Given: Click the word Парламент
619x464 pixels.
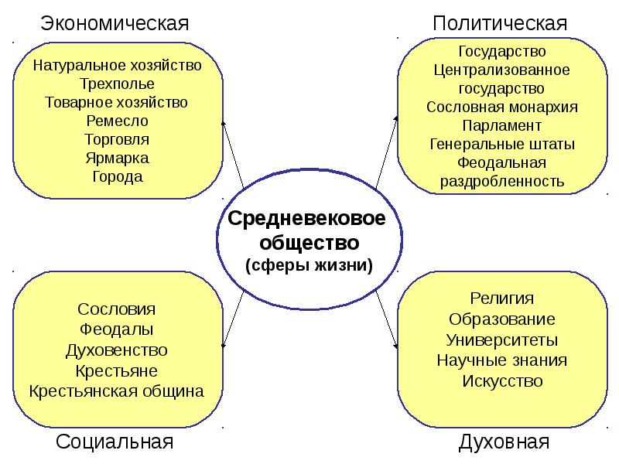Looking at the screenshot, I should pyautogui.click(x=502, y=125).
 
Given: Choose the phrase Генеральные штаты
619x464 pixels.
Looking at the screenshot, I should pyautogui.click(x=502, y=144).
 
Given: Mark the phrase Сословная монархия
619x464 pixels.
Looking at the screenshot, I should pyautogui.click(x=502, y=107).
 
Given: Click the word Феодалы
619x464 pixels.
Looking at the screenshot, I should pyautogui.click(x=117, y=329).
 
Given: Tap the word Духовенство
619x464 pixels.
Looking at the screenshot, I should pyautogui.click(x=117, y=350).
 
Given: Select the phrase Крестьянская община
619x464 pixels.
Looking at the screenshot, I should pyautogui.click(x=117, y=390).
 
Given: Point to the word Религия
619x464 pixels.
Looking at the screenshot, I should pyautogui.click(x=502, y=299).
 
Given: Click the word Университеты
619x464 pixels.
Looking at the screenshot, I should pyautogui.click(x=502, y=339).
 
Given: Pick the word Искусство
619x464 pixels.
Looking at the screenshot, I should pyautogui.click(x=502, y=380).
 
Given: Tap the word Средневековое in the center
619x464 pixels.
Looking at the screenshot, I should pyautogui.click(x=307, y=219).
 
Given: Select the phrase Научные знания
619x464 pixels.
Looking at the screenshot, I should pyautogui.click(x=502, y=360).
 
